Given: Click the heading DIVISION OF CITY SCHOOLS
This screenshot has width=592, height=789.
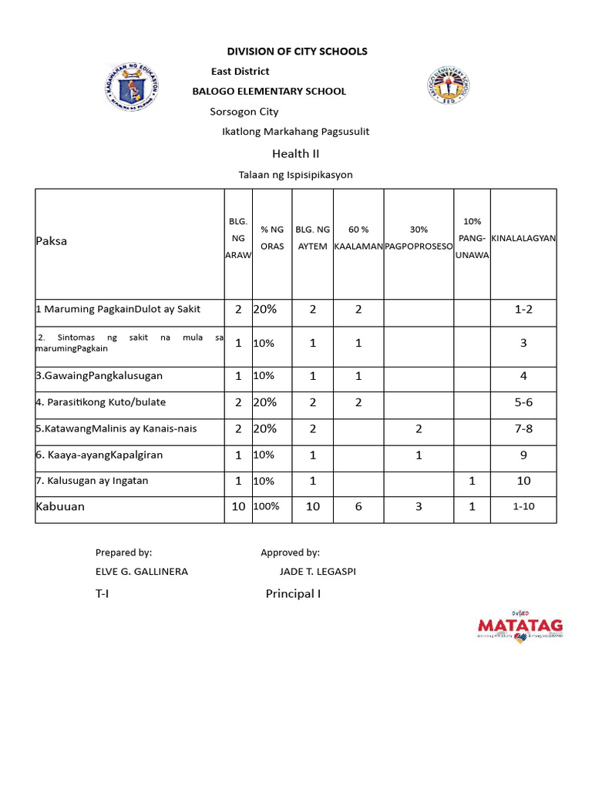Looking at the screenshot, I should click(x=297, y=52).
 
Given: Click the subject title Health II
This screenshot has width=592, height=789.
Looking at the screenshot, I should click(x=295, y=153).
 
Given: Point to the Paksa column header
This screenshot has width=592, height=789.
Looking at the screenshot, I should click(x=52, y=241).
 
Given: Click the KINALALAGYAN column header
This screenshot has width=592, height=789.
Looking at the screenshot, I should click(x=523, y=238).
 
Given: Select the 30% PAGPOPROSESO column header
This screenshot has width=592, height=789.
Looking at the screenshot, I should click(x=419, y=237).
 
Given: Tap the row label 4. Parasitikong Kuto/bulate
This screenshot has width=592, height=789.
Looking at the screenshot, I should click(x=101, y=402).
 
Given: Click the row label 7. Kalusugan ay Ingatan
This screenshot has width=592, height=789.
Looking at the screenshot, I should click(x=92, y=481).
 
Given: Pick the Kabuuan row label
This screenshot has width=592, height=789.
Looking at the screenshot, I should click(x=60, y=507).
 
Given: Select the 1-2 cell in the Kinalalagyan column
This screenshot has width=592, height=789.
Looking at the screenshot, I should click(x=523, y=310).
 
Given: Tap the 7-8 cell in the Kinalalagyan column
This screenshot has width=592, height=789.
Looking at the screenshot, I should click(x=523, y=428).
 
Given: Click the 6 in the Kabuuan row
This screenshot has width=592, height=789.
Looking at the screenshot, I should click(x=358, y=507).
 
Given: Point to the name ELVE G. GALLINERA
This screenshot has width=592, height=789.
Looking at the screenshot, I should click(x=142, y=572).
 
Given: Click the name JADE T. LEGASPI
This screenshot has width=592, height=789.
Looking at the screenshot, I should click(x=318, y=572).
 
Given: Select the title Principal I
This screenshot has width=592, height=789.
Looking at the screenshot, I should click(x=293, y=594).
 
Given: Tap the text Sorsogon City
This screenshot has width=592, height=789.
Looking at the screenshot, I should click(x=244, y=112).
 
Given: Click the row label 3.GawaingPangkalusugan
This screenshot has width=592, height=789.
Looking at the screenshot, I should click(x=99, y=376).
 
